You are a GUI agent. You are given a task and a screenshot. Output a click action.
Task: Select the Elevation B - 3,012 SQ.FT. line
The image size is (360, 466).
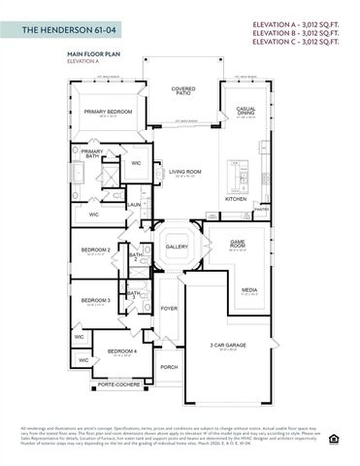tap(293, 33)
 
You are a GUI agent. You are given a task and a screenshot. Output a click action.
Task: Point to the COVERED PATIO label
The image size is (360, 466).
tap(182, 91)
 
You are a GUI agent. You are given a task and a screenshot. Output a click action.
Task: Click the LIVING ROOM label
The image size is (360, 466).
tap(184, 172)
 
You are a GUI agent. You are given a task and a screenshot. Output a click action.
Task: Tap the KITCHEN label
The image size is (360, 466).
tap(236, 198)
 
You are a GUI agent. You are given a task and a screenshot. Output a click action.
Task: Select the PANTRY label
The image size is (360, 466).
tap(260, 208)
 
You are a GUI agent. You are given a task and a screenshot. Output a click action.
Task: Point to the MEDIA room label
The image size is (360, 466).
tap(248, 289)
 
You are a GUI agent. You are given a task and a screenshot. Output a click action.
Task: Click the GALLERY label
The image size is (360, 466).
tap(177, 247)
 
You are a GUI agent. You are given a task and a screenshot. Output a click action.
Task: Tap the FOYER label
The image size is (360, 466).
tap(169, 309)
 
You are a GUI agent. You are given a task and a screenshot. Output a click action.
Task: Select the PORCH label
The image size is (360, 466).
tap(169, 367)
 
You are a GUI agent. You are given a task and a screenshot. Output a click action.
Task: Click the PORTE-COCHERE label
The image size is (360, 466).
tap(118, 384)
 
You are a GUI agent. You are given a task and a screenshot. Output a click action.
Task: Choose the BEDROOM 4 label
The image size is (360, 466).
tap(121, 350)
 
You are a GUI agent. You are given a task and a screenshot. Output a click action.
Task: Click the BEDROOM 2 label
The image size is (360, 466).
tap(95, 250)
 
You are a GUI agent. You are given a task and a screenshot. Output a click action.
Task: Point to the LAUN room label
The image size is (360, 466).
tap(134, 205)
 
